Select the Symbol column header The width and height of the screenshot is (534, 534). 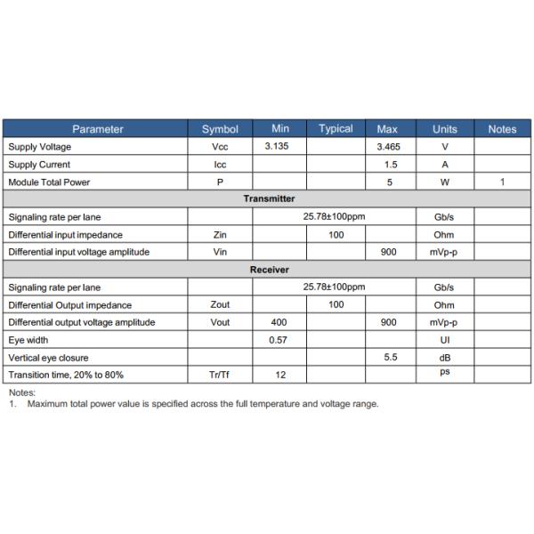point(220,129)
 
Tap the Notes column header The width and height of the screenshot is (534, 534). point(502,129)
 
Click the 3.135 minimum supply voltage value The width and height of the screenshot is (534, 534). point(279,147)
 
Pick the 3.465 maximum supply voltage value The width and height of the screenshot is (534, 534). point(388,147)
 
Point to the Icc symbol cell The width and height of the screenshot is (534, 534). point(220,165)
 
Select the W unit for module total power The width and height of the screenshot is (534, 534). point(444,182)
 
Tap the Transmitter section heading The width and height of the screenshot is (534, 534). point(269,199)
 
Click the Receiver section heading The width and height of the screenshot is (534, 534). point(269,269)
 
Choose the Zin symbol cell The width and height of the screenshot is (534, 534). point(220,235)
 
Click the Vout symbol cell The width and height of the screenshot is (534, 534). point(220,322)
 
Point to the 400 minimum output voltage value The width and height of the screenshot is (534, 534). point(279,322)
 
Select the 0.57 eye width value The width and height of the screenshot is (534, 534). point(279,340)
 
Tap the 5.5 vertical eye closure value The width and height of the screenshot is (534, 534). point(388,357)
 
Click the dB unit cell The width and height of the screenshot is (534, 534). point(444,357)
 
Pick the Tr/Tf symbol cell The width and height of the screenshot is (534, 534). point(220,375)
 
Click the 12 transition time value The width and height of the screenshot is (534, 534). point(279,375)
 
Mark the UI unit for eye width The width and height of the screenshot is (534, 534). point(444,340)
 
